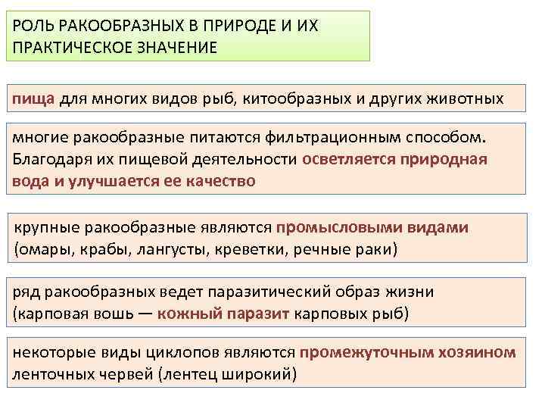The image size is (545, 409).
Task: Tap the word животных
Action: point(461,98)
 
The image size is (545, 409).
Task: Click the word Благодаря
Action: point(50,160)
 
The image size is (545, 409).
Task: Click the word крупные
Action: point(47,227)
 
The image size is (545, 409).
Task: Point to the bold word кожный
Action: point(189,314)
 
